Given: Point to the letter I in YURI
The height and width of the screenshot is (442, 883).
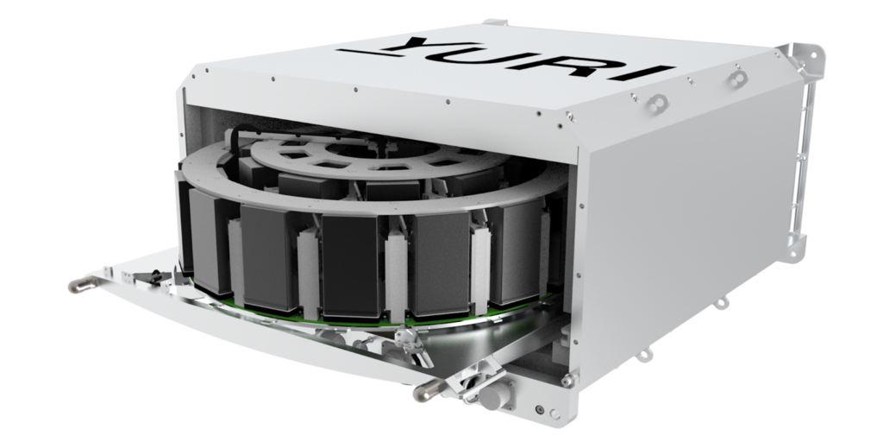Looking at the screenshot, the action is point(642,73).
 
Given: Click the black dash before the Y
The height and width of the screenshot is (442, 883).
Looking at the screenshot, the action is point(361,53).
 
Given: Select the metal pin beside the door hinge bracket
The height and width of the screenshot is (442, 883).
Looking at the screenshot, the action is point(427,390).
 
